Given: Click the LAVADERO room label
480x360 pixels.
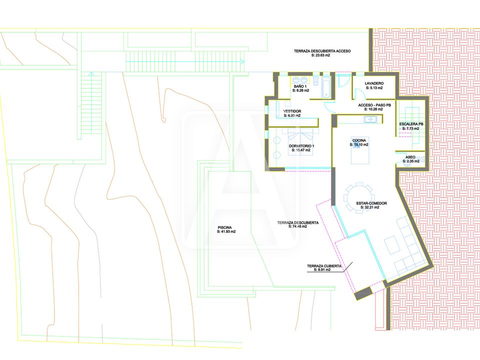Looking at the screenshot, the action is [374, 83].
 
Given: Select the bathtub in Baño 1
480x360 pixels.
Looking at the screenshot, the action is [325, 87].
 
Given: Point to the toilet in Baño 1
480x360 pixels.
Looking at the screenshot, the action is [315, 80].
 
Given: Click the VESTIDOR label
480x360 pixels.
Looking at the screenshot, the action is [292, 111].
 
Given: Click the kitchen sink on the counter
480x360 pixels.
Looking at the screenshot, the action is [370, 119].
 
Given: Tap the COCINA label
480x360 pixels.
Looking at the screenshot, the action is [359, 140].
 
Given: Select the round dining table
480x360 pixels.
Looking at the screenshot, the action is [358, 197].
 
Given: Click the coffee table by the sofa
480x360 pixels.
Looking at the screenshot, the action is [393, 245].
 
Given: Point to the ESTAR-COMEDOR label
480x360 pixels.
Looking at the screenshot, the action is [371, 203].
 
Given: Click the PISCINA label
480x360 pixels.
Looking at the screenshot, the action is [224, 227].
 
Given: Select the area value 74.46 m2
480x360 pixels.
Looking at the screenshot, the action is [297, 227].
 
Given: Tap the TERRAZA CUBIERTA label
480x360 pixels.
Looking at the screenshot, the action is [324, 266].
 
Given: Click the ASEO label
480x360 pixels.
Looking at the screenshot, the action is [410, 157].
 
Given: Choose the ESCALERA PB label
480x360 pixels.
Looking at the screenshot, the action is [411, 124].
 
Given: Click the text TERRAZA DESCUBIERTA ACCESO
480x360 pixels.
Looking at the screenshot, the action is [322, 51].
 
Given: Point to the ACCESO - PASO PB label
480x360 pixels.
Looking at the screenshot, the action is [374, 105].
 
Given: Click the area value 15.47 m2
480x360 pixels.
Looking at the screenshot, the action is [301, 150].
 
